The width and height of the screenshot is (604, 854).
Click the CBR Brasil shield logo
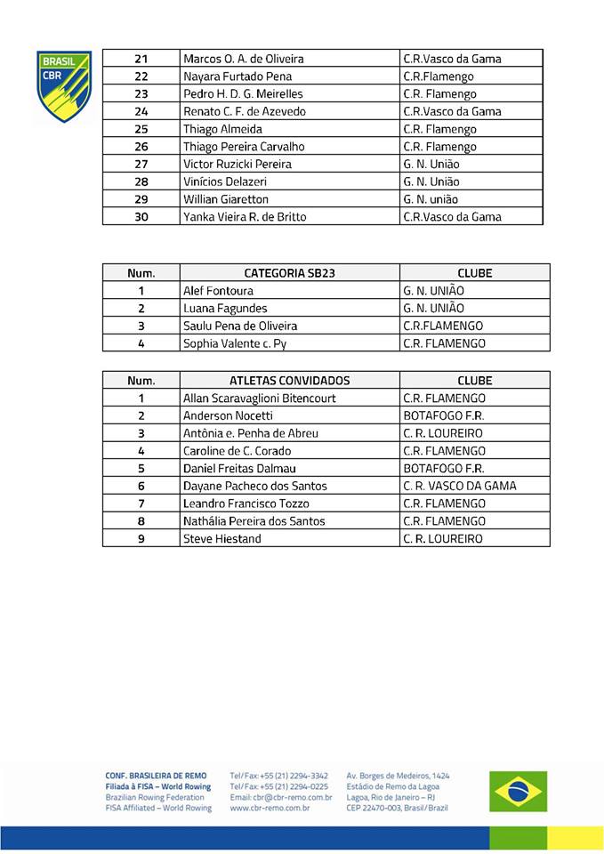(63, 85)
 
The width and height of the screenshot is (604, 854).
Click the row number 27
(141, 164)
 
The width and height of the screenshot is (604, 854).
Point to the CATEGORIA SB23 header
(289, 273)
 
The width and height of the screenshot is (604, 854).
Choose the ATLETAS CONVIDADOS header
(289, 381)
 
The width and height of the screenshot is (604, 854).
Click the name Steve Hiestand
(221, 539)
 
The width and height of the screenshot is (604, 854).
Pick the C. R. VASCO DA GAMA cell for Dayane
(459, 487)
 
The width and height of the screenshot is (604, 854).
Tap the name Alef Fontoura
(218, 291)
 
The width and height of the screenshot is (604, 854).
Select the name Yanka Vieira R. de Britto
(245, 217)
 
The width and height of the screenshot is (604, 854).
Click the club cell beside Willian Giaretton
(431, 199)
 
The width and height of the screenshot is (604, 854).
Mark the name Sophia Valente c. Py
(235, 343)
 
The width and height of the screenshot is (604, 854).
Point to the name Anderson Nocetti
(228, 415)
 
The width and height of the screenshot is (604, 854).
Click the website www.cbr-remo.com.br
(270, 808)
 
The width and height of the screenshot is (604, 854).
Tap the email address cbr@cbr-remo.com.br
(280, 797)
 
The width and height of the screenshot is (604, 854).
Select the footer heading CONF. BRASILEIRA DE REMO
(156, 776)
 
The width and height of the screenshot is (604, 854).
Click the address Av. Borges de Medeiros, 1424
(398, 776)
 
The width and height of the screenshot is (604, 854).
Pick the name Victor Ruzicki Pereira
(238, 164)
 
